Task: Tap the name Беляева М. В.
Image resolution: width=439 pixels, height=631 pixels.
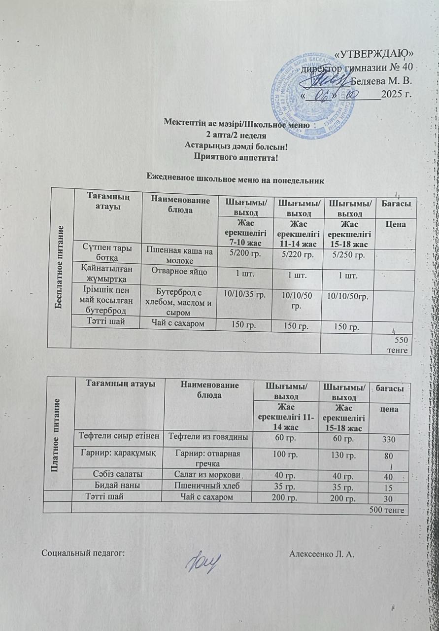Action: (x=380, y=80)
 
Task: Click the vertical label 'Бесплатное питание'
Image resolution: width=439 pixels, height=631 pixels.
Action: (x=62, y=267)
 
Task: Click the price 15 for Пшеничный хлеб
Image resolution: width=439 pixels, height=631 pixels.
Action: (x=389, y=488)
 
